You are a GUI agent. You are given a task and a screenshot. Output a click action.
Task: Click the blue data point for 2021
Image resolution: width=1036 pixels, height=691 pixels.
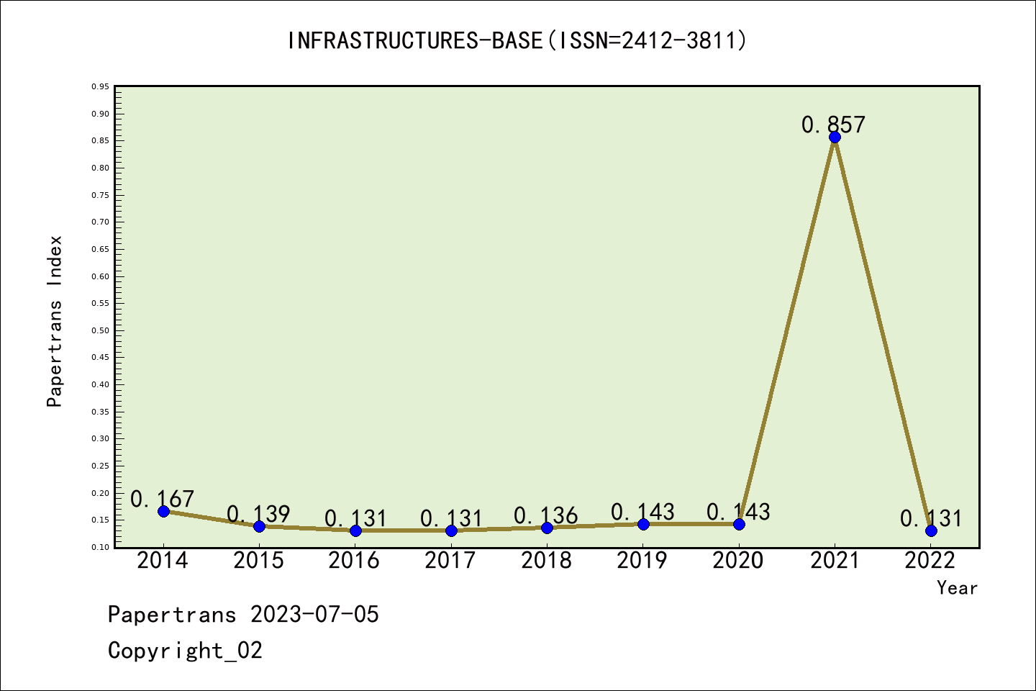point(835,137)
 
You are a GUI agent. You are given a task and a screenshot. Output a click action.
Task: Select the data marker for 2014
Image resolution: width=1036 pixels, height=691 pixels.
point(163,512)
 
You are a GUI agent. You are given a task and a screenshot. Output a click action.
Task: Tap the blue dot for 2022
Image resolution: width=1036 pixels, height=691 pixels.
point(931,531)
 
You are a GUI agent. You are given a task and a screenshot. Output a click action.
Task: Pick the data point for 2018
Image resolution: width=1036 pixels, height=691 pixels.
point(547,528)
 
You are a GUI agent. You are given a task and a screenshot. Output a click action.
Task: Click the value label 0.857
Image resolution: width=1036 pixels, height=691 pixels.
point(833,125)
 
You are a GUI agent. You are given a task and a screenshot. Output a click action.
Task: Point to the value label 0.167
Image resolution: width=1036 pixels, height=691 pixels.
point(162,499)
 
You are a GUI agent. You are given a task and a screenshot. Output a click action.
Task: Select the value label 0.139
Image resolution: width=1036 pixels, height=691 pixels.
point(258,514)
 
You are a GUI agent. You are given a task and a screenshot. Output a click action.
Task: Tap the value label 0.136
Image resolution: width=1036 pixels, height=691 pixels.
point(546,515)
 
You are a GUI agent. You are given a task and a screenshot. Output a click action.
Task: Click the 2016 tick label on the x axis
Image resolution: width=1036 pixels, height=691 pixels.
point(354,561)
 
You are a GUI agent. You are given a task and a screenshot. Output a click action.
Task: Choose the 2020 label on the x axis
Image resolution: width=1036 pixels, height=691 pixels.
point(737,561)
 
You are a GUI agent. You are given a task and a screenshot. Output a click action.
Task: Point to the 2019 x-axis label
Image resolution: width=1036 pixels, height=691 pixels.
point(642,561)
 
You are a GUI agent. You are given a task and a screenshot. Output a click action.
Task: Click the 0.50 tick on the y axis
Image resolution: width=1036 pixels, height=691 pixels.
point(101,330)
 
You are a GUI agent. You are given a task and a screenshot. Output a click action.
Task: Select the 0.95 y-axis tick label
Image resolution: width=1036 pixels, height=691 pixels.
point(101,86)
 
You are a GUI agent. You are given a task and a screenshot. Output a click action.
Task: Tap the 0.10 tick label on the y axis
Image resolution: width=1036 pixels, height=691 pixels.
point(101,547)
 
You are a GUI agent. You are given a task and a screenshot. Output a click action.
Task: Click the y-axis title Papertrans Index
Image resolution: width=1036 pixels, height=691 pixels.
point(55,321)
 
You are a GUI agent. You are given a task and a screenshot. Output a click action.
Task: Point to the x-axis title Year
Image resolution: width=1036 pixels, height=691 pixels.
point(957,588)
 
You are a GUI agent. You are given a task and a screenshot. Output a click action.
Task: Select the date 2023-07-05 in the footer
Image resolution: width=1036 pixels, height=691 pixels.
point(314,615)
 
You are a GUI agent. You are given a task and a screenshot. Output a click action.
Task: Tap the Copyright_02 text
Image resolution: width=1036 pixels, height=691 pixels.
point(185,651)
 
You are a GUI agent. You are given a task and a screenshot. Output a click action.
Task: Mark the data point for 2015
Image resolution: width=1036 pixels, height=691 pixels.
point(260,526)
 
